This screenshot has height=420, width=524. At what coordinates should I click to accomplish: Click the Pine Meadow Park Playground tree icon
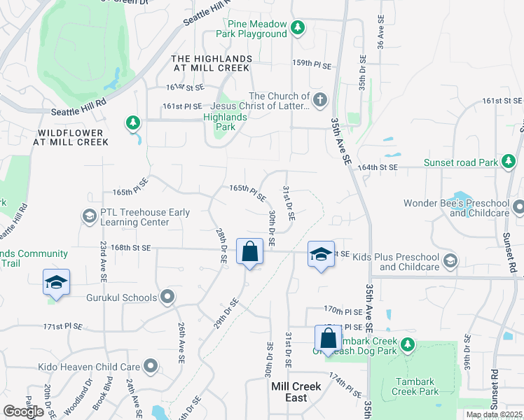click(x=298, y=28)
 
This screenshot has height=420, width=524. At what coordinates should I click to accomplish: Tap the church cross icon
click(x=321, y=99)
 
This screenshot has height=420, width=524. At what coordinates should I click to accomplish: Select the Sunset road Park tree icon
click(x=509, y=162)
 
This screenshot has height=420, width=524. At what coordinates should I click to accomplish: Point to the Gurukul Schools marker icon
click(x=167, y=297)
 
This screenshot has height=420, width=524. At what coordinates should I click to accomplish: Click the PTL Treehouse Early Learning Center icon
click(x=89, y=216)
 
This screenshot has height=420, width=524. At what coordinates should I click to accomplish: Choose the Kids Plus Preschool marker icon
click(x=450, y=261)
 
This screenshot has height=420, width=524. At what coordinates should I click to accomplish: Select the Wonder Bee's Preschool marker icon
click(x=518, y=207)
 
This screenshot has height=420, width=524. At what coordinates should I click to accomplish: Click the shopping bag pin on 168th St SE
click(x=249, y=251)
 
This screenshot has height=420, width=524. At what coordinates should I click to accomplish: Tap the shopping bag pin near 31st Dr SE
click(x=327, y=339)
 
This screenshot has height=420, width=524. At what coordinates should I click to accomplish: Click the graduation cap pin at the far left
click(x=56, y=282)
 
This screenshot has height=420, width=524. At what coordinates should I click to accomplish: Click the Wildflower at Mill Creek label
click(x=71, y=137)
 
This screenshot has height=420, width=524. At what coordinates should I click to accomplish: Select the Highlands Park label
click(x=225, y=122)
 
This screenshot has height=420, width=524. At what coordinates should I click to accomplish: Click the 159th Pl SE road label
click(x=311, y=64)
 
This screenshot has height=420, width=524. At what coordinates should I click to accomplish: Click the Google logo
click(x=23, y=412)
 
